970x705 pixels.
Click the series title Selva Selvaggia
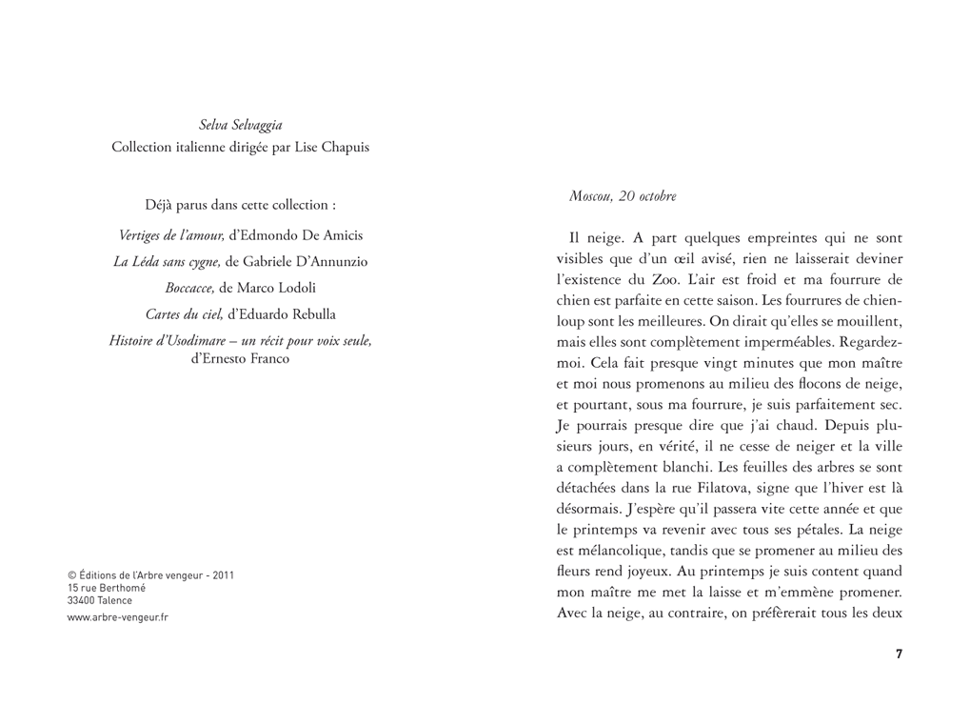tap(240, 125)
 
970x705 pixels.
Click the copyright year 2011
tap(223, 575)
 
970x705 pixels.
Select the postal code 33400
tap(83, 600)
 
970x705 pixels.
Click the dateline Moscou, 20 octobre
tap(623, 196)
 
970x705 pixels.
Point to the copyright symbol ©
tap(71, 575)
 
